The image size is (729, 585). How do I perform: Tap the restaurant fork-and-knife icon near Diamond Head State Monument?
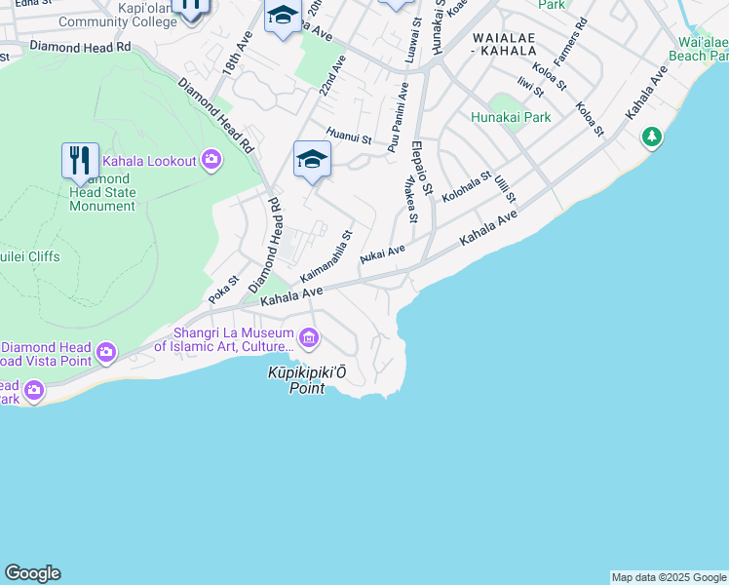point(80,160)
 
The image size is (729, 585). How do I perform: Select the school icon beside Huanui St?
point(312,159)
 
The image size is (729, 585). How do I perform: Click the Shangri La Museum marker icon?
point(309,339)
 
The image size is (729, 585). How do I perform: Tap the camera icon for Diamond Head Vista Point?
point(106,351)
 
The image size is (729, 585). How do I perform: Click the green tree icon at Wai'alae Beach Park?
point(651,137)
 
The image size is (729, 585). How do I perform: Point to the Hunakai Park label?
point(511,118)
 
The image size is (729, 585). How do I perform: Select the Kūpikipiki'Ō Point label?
point(308,379)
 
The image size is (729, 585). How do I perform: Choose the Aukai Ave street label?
point(382,254)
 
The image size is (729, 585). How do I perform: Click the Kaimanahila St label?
point(326,257)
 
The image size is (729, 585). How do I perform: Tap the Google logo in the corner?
point(32,573)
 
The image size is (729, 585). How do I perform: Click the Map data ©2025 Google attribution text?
point(669,577)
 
